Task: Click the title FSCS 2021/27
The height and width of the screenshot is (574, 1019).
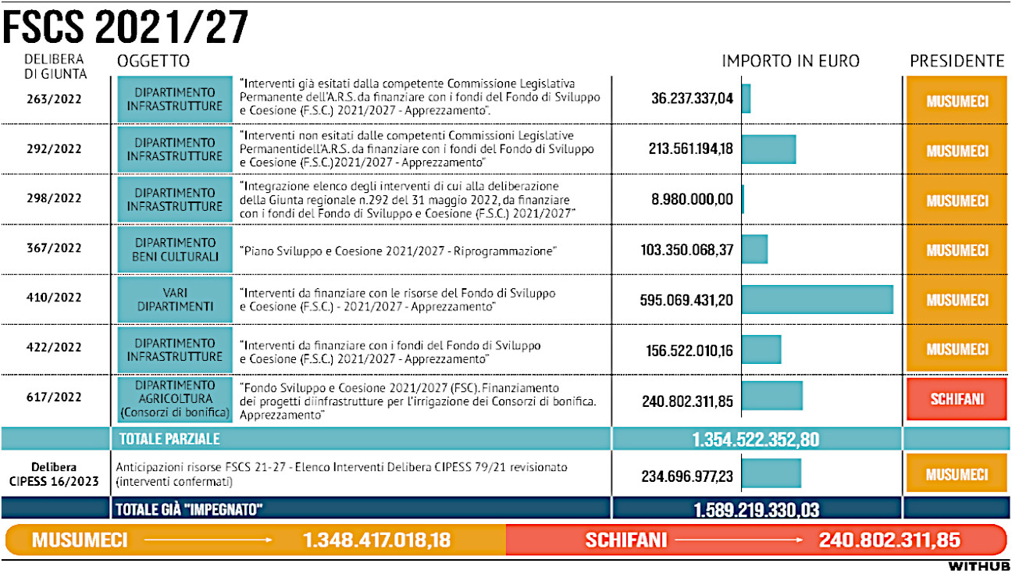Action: pyautogui.click(x=125, y=28)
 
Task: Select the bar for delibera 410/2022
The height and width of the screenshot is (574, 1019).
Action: pyautogui.click(x=817, y=300)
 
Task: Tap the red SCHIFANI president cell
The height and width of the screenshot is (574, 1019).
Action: pyautogui.click(x=957, y=398)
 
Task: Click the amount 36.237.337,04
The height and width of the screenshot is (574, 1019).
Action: pyautogui.click(x=693, y=99)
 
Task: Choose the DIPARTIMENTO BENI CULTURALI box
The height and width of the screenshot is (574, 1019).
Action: pyautogui.click(x=175, y=249)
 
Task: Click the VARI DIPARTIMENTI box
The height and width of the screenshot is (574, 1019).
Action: pyautogui.click(x=175, y=300)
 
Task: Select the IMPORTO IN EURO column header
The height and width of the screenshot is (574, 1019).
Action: pyautogui.click(x=790, y=61)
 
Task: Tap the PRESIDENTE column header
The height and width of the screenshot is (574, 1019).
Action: pyautogui.click(x=957, y=61)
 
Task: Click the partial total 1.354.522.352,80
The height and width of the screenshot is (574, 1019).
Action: pyautogui.click(x=755, y=440)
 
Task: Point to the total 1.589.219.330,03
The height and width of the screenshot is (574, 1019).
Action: pyautogui.click(x=756, y=510)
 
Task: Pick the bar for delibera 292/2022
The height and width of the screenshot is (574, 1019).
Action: pyautogui.click(x=768, y=149)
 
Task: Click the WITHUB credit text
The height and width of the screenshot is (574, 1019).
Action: pyautogui.click(x=979, y=565)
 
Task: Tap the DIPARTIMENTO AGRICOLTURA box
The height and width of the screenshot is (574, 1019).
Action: pyautogui.click(x=175, y=398)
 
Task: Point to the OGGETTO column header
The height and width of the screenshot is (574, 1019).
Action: pyautogui.click(x=153, y=61)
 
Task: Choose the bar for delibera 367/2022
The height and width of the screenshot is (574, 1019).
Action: pyautogui.click(x=754, y=249)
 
